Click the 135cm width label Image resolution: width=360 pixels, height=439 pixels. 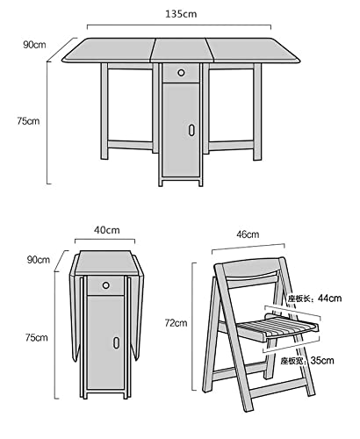click(181, 14)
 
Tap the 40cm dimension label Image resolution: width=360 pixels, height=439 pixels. click(107, 230)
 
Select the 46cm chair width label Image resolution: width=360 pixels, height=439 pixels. click(248, 234)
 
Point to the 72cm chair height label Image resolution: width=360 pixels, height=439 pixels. click(176, 323)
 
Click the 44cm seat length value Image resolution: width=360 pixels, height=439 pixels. click(330, 299)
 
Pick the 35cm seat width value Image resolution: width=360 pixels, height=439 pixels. click(322, 360)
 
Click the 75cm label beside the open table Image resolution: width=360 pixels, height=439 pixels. click(28, 121)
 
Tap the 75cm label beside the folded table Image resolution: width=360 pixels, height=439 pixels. click(36, 337)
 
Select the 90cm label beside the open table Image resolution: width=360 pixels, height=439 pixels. click(34, 45)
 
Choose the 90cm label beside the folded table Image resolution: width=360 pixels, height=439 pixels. click(39, 260)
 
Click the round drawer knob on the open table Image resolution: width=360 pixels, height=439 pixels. click(181, 73)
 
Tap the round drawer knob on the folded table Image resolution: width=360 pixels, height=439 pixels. click(106, 285)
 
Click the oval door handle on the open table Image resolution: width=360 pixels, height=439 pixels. click(191, 130)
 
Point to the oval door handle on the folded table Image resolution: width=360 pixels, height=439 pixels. click(116, 342)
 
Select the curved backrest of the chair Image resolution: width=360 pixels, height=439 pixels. click(250, 268)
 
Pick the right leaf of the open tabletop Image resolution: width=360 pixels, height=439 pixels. click(253, 50)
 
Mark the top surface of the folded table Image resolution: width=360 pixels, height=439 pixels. click(105, 263)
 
